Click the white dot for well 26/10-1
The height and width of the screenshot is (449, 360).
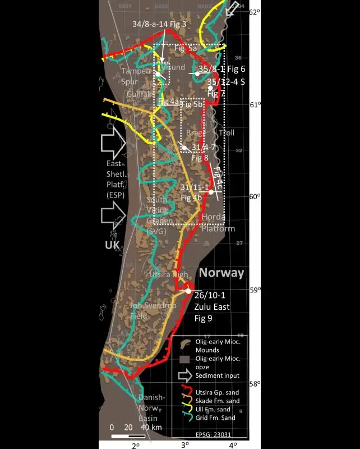click(x=188, y=291)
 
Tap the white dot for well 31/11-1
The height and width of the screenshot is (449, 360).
click(x=211, y=192)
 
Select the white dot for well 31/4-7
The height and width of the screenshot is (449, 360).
click(x=184, y=148)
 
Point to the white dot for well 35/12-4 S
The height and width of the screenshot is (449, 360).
click(x=210, y=88)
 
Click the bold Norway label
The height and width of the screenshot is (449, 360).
click(x=222, y=273)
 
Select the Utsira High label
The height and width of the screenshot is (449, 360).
click(x=168, y=274)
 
